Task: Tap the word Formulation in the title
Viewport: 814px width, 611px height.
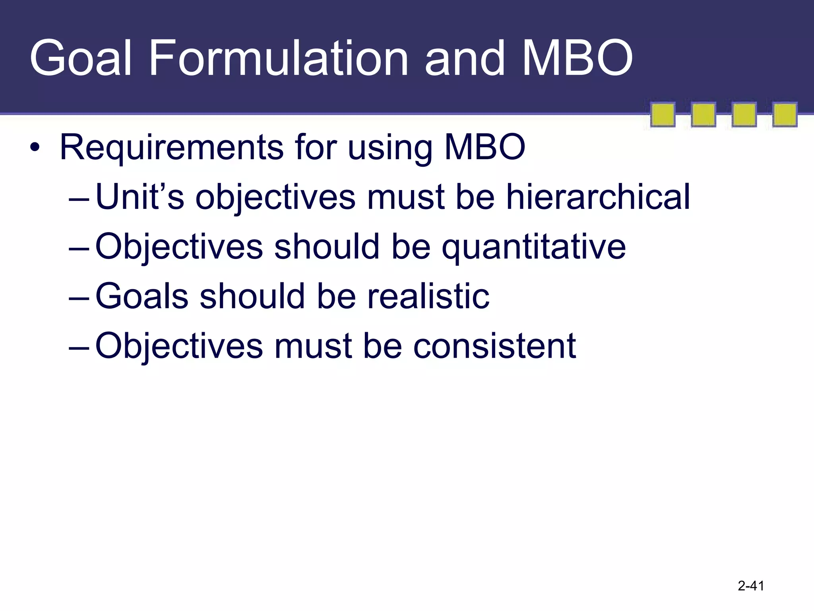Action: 278,58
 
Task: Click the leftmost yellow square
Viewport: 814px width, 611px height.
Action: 663,115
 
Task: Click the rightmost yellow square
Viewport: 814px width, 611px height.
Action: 785,115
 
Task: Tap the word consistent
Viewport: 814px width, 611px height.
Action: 494,346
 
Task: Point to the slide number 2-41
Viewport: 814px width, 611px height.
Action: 751,586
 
